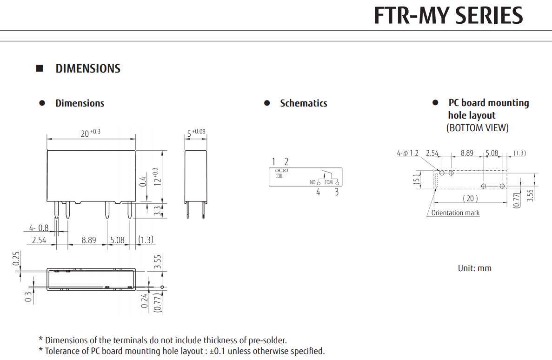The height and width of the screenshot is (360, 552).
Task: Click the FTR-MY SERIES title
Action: (x=448, y=16)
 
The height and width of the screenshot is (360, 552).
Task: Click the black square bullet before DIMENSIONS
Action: (x=40, y=68)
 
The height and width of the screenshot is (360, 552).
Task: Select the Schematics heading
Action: (x=303, y=103)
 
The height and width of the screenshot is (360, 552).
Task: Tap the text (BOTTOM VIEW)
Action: (x=478, y=128)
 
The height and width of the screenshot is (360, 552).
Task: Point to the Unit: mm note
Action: (x=474, y=268)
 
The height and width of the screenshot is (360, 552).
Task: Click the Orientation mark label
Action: (x=455, y=213)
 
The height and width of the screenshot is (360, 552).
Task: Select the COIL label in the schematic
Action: (x=279, y=176)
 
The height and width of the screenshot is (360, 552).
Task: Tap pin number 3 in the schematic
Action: (x=337, y=192)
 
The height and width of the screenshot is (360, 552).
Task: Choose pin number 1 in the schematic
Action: (x=274, y=162)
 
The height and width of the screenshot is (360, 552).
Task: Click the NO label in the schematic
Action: (x=313, y=182)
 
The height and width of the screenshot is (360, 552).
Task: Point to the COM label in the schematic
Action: (x=328, y=182)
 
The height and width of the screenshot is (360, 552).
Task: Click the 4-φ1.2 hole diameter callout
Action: (x=408, y=153)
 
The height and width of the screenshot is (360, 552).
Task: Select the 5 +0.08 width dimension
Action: (x=196, y=133)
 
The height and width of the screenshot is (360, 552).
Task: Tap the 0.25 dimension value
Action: (x=16, y=259)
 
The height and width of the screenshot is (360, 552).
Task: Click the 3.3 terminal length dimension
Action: (x=157, y=211)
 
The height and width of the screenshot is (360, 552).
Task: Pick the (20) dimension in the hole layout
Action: (x=470, y=199)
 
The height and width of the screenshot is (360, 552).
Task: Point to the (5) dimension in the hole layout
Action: (x=417, y=179)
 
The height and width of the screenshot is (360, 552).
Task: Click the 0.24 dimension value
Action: (x=145, y=300)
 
